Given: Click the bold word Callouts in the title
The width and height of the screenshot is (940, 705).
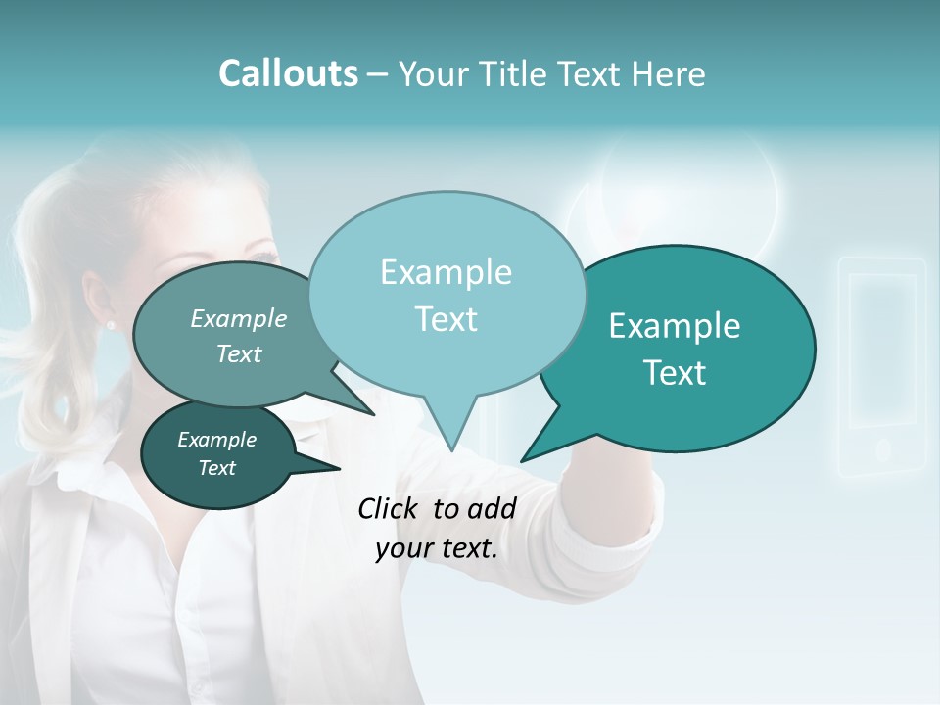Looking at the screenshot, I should point(288,73).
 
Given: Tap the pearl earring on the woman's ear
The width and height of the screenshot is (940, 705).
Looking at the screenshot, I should point(111,325).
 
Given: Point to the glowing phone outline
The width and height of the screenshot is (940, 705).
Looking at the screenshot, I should point(881,367).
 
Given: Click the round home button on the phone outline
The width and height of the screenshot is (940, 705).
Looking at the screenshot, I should point(881,449).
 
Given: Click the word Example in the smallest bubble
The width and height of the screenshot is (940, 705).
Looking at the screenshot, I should point(217,440).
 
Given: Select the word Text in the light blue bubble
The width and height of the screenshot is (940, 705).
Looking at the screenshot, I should point(446,319).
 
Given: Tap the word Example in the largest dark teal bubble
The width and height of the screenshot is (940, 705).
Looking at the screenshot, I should point(675,326).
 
